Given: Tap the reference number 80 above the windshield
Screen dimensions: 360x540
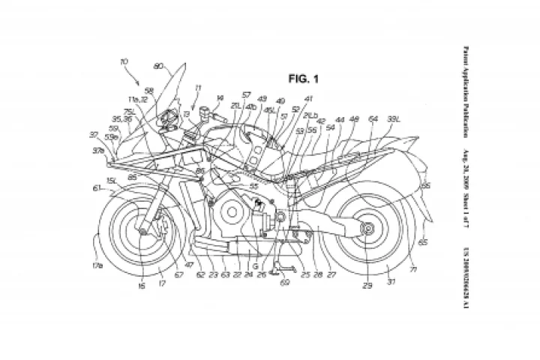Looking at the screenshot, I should point(158,66).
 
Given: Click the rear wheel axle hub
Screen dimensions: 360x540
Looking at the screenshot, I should point(368,230).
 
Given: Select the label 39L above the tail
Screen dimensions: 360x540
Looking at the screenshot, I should point(392,119).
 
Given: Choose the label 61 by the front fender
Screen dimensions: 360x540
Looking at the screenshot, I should point(97,190).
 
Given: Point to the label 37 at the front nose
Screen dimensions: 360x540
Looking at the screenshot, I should point(94,135).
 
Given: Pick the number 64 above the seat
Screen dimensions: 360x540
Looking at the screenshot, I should point(373,119).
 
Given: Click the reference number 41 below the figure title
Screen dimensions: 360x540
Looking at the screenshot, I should point(309,99).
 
